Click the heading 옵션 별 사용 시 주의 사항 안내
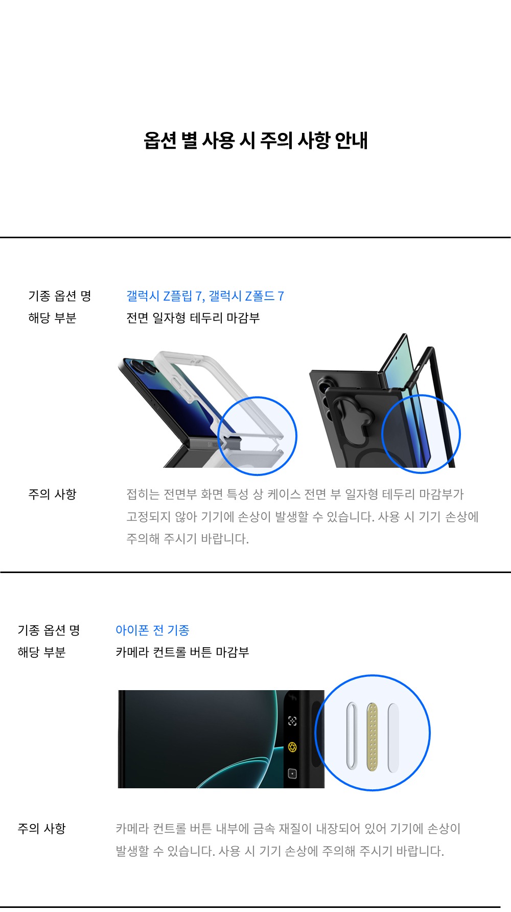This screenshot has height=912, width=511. (255, 140)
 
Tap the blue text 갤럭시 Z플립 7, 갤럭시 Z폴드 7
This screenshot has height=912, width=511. (205, 296)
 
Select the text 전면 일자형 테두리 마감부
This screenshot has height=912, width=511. (193, 318)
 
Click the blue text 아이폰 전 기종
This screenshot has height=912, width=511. (152, 630)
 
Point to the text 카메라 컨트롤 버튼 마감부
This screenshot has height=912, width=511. (182, 652)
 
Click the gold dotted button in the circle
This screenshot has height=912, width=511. (373, 737)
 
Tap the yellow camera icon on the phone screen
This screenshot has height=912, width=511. (292, 747)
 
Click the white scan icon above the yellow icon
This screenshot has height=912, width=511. (292, 721)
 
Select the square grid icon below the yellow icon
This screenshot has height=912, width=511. (292, 773)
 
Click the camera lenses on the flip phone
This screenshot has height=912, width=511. (144, 366)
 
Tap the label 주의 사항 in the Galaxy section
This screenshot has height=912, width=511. (52, 494)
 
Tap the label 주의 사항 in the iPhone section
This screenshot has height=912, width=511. (42, 829)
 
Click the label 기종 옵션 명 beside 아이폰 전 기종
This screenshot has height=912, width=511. (49, 630)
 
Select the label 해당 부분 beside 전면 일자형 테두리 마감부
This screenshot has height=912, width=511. (52, 318)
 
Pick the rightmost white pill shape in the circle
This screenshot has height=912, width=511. (393, 738)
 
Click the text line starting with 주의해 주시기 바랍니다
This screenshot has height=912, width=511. (188, 539)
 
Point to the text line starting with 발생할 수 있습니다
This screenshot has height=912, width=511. (280, 851)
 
